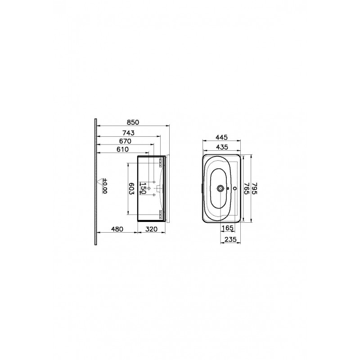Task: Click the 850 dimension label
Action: click(x=133, y=122)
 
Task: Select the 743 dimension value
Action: click(x=128, y=133)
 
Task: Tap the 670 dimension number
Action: click(x=125, y=141)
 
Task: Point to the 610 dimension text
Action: click(x=122, y=149)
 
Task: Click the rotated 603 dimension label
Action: click(x=131, y=189)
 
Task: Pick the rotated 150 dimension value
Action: click(x=143, y=188)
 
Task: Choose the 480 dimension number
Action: click(x=117, y=229)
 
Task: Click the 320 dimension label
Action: click(x=152, y=229)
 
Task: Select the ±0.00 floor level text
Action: click(x=105, y=186)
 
